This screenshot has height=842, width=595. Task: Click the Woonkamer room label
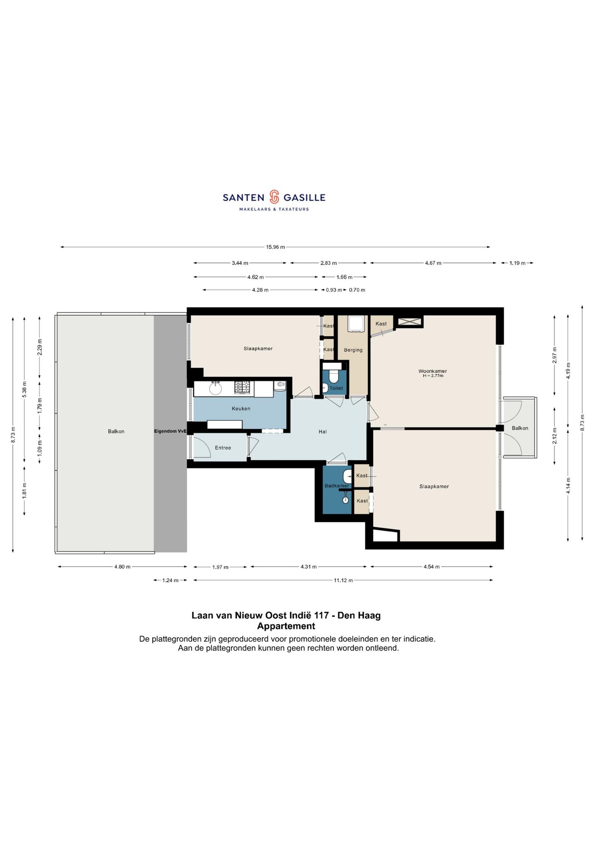[x=433, y=371]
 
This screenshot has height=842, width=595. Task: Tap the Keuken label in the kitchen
[x=241, y=409]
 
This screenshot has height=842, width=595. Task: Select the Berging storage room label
[x=353, y=350]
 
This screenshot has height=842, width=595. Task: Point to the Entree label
[x=223, y=448]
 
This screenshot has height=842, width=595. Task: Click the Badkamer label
[x=337, y=486]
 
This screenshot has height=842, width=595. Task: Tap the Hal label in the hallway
[x=323, y=432]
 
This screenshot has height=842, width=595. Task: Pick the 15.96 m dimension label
[x=275, y=247]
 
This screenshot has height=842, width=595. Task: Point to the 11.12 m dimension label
[x=343, y=580]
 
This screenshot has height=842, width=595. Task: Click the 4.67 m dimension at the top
[x=433, y=263]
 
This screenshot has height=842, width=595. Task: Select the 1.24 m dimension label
[x=170, y=580]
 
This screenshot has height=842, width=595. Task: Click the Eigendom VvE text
[x=170, y=431]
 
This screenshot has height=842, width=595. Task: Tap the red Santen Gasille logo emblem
[x=274, y=197]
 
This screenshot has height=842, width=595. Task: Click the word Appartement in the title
[x=286, y=626]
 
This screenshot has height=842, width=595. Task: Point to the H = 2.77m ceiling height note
[x=433, y=376]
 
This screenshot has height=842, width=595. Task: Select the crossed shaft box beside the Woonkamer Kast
[x=409, y=322]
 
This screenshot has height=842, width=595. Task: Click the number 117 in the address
[x=322, y=615]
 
